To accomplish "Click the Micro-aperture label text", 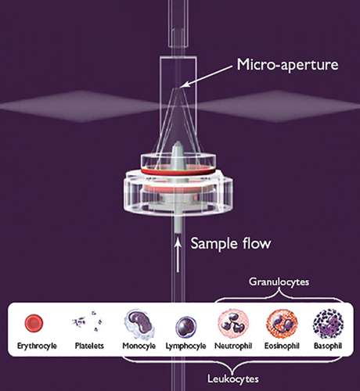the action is point(287,64).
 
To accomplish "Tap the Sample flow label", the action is point(231,243).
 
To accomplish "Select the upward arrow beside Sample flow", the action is point(178,256).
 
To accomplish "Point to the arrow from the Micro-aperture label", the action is point(206,76).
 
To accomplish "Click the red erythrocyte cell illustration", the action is point(34,323).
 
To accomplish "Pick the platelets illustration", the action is point(88,321).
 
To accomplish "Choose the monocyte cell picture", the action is point(139,324).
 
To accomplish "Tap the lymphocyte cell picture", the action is point(185,327).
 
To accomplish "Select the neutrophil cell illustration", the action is point(233,324).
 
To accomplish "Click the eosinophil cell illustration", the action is point(282,324).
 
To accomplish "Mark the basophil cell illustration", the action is point(329,324).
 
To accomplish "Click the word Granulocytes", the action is point(279,282).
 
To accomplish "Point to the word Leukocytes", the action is point(233,378).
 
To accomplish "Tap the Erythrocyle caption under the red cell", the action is point(37,346).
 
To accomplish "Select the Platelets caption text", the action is point(89,346).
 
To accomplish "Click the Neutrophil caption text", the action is point(233,346).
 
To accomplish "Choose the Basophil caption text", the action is point(328,346).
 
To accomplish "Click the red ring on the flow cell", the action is point(178,170).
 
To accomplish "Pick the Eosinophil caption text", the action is point(282,346).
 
